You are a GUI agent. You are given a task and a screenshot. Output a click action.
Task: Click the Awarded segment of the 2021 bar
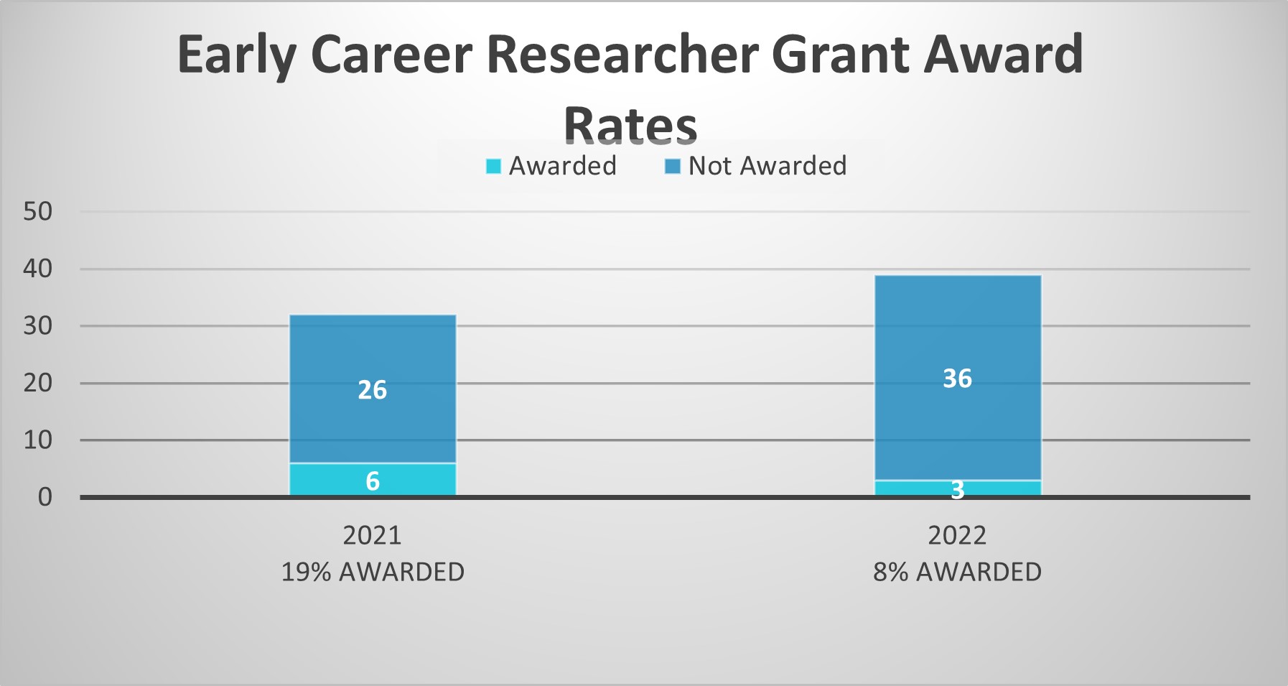pyautogui.click(x=373, y=479)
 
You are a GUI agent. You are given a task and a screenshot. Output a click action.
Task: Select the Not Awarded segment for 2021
pyautogui.click(x=373, y=389)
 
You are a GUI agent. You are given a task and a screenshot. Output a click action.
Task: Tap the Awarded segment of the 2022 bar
pyautogui.click(x=958, y=488)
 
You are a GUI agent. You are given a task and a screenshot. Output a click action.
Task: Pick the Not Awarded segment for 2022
pyautogui.click(x=958, y=378)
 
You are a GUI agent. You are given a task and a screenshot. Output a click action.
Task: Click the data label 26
pyautogui.click(x=373, y=390)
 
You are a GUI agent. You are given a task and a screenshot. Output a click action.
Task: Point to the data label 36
pyautogui.click(x=958, y=379)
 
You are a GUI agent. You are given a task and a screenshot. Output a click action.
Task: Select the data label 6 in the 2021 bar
pyautogui.click(x=373, y=481)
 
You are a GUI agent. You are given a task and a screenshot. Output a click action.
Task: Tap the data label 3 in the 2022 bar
pyautogui.click(x=958, y=490)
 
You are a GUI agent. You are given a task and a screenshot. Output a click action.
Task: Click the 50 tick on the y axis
pyautogui.click(x=38, y=211)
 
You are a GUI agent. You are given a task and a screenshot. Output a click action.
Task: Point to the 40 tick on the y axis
pyautogui.click(x=38, y=269)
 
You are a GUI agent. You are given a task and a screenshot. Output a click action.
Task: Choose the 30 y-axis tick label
pyautogui.click(x=38, y=325)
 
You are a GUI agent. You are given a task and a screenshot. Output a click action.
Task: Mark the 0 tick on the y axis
pyautogui.click(x=45, y=496)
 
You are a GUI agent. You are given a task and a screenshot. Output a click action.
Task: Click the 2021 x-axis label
pyautogui.click(x=372, y=535)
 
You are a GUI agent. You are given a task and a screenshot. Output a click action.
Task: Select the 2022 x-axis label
pyautogui.click(x=957, y=535)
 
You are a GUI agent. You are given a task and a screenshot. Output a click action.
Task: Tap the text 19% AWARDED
pyautogui.click(x=373, y=572)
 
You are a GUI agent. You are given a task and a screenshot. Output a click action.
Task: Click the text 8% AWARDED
pyautogui.click(x=957, y=572)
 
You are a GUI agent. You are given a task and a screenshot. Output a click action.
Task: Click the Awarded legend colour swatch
pyautogui.click(x=493, y=166)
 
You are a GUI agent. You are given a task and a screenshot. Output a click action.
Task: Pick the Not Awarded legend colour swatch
pyautogui.click(x=673, y=166)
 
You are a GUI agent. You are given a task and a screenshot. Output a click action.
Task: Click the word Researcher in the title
pyautogui.click(x=622, y=55)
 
